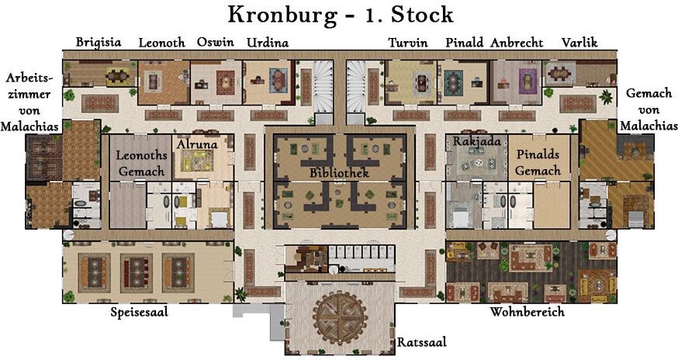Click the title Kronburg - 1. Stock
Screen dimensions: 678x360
pyautogui.click(x=341, y=16)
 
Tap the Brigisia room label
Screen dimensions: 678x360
pyautogui.click(x=99, y=43)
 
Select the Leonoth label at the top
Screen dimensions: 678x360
pyautogui.click(x=161, y=43)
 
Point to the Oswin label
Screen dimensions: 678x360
pyautogui.click(x=216, y=42)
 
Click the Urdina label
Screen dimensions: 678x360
pyautogui.click(x=267, y=43)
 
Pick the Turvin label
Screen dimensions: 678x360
pyautogui.click(x=408, y=43)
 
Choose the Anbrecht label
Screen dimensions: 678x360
pyautogui.click(x=517, y=43)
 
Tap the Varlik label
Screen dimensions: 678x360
pyautogui.click(x=579, y=42)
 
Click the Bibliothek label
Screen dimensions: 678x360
pyautogui.click(x=340, y=173)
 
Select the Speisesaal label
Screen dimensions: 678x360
pyautogui.click(x=139, y=312)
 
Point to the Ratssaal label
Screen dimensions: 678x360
pyautogui.click(x=421, y=342)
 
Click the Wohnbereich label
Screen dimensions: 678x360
pyautogui.click(x=527, y=312)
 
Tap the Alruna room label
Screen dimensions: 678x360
pyautogui.click(x=197, y=144)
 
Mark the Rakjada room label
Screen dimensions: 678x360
pyautogui.click(x=477, y=141)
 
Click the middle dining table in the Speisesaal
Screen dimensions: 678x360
pyautogui.click(x=137, y=272)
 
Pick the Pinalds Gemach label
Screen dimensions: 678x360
pyautogui.click(x=538, y=162)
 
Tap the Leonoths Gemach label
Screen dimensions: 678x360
pyautogui.click(x=141, y=163)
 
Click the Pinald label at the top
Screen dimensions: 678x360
pyautogui.click(x=465, y=43)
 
